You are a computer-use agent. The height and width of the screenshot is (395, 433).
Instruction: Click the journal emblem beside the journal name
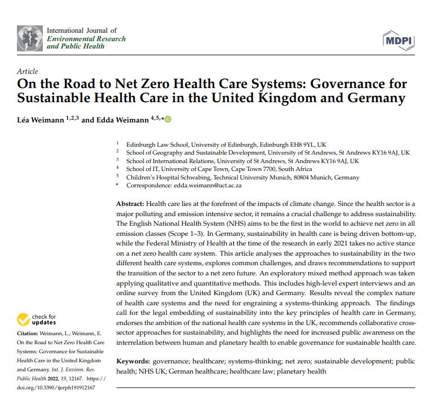pyautogui.click(x=30, y=38)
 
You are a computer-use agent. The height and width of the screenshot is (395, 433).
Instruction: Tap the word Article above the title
pyautogui.click(x=28, y=72)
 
